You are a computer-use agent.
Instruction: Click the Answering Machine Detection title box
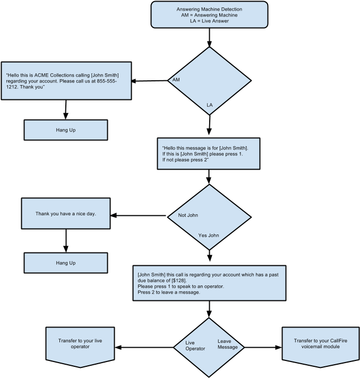pyautogui.click(x=209, y=14)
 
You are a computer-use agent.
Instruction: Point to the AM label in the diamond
pyautogui.click(x=176, y=80)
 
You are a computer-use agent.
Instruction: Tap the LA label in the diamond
pyautogui.click(x=210, y=105)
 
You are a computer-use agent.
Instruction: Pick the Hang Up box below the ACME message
pyautogui.click(x=65, y=130)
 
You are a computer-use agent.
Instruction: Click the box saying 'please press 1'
pyautogui.click(x=208, y=153)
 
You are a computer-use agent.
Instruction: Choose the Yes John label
pyautogui.click(x=209, y=235)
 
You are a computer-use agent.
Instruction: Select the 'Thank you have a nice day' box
pyautogui.click(x=65, y=213)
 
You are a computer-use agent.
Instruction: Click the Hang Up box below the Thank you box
pyautogui.click(x=65, y=263)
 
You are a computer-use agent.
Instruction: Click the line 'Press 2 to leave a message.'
pyautogui.click(x=168, y=292)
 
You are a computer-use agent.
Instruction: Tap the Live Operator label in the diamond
pyautogui.click(x=195, y=346)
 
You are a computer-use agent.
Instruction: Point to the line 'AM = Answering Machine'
pyautogui.click(x=209, y=15)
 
